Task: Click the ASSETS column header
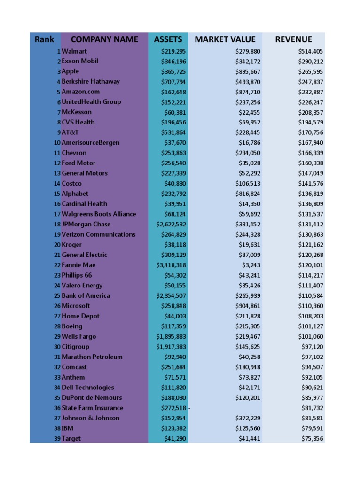tap(168, 39)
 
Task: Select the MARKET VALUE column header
tap(225, 39)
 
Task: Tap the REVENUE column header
tap(293, 39)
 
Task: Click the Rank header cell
tap(44, 39)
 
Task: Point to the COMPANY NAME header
tap(104, 39)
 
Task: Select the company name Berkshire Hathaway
tap(91, 81)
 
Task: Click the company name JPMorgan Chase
tap(86, 224)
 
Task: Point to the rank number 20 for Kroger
tap(57, 245)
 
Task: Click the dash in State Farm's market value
tap(189, 408)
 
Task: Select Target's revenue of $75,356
tap(313, 439)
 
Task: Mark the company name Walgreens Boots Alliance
tap(99, 214)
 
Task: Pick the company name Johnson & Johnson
tap(91, 418)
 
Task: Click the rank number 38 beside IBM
tap(57, 428)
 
